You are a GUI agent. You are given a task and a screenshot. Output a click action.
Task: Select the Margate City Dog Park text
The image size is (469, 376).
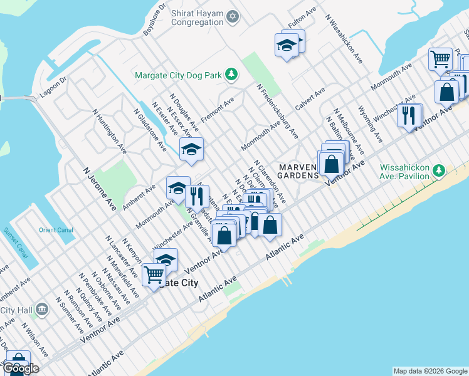point(179,76)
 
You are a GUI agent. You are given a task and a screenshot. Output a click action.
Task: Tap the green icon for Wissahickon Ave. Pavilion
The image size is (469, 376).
point(440,170)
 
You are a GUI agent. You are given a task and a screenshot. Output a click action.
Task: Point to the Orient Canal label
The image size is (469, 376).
point(56,230)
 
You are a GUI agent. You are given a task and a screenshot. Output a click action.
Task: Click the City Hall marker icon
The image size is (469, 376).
point(42,308)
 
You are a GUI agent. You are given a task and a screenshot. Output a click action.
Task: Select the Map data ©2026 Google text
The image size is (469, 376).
point(429,371)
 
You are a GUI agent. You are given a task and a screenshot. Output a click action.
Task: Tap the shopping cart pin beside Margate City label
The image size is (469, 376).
point(154,274)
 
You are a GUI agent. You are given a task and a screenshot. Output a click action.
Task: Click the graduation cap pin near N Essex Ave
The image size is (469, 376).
point(192,149)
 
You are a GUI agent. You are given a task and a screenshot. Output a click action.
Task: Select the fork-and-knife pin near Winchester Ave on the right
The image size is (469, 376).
point(409,115)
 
